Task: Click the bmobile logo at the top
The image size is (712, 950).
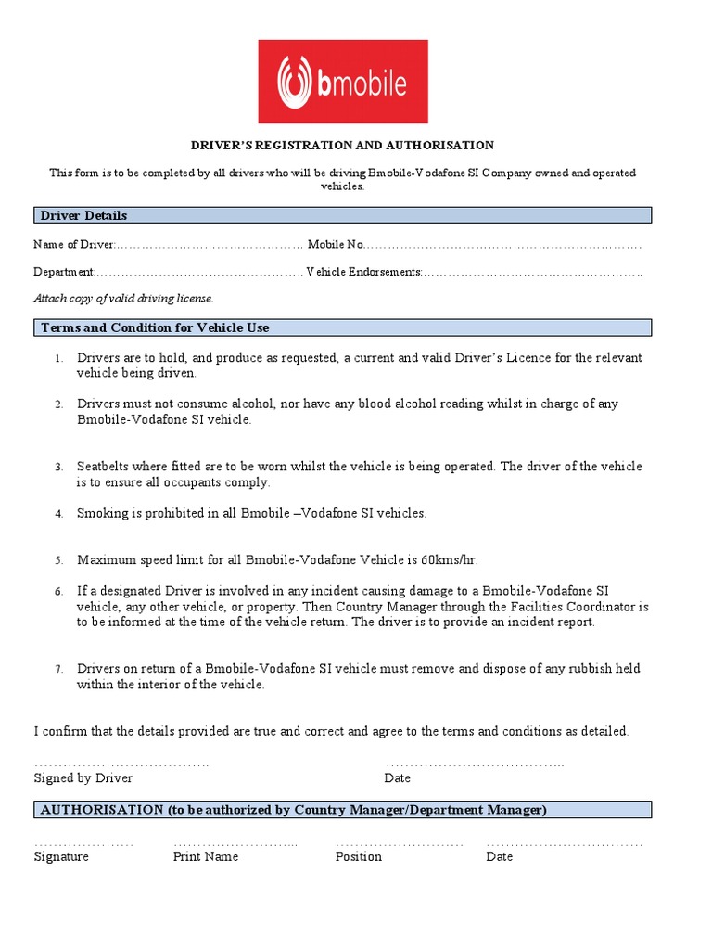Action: pos(342,82)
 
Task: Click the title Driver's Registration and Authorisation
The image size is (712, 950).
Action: pos(342,146)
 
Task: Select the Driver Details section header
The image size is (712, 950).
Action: pos(83,215)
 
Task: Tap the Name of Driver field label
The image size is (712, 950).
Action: pos(73,245)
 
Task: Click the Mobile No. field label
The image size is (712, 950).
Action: pos(336,245)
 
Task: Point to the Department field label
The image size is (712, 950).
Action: pos(63,272)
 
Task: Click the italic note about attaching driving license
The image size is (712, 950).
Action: pos(123,298)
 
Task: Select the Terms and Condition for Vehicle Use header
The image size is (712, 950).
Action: pos(155,327)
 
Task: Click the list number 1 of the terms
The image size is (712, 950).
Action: pos(57,359)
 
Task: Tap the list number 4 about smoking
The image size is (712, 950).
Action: pos(57,514)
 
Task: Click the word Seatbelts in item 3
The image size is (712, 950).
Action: pos(104,467)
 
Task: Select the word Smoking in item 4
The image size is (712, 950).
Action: pos(102,513)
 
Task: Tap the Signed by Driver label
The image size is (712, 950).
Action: pos(83,778)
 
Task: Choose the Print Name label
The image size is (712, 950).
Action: pos(205,857)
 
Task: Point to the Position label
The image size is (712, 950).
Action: pos(358,857)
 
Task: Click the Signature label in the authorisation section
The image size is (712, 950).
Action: pos(61,857)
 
